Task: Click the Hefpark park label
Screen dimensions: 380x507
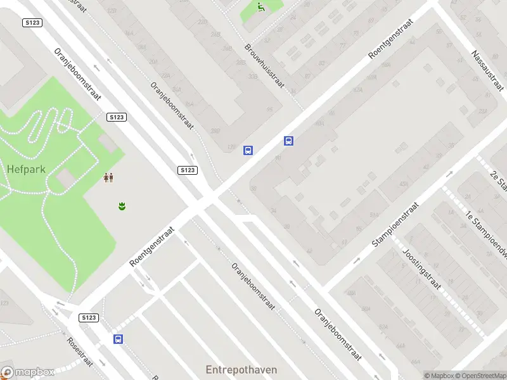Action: [x=25, y=169]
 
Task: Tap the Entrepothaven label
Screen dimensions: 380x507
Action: [x=241, y=369]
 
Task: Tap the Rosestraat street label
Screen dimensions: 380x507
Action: [x=80, y=351]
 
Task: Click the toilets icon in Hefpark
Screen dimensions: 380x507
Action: [x=108, y=178]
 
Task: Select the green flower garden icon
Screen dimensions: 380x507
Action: [x=121, y=205]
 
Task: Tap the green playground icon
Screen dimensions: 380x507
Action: [x=261, y=7]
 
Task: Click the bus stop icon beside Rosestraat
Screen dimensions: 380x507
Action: [x=118, y=339]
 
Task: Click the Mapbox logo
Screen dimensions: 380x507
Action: [x=28, y=372]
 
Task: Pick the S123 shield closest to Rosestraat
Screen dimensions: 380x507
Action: [x=89, y=317]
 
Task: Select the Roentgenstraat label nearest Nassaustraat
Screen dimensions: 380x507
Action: [x=391, y=39]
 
